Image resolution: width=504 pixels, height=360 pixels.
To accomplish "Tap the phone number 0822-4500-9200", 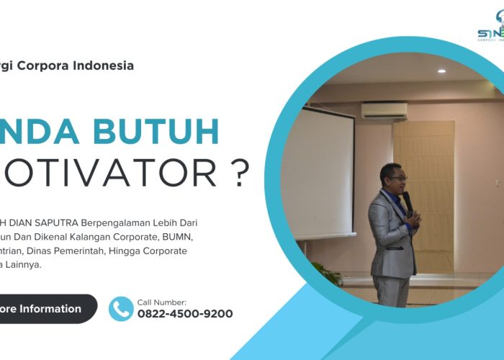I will tap(185, 314).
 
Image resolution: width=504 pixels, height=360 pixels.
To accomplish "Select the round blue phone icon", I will tap(121, 308).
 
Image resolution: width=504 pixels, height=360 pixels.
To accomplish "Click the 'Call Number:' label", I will tap(161, 302).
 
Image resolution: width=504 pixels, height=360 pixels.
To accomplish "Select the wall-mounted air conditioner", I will tap(383, 110).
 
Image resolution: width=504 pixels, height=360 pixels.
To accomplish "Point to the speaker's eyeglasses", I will tap(397, 178).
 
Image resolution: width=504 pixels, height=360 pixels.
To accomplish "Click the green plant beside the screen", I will tap(327, 274).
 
